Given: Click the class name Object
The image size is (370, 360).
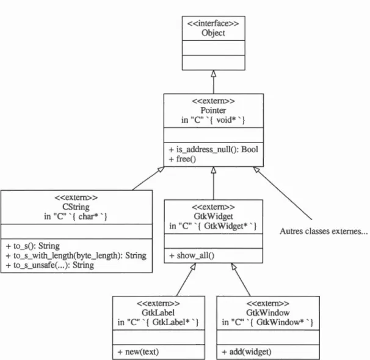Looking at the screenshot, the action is pyautogui.click(x=213, y=33).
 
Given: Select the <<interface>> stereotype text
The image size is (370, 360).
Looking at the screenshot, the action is pyautogui.click(x=213, y=23).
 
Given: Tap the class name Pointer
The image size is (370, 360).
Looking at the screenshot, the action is pyautogui.click(x=213, y=110).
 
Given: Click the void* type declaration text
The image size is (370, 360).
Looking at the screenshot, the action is pyautogui.click(x=213, y=120).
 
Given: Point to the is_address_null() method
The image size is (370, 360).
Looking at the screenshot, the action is pyautogui.click(x=213, y=150).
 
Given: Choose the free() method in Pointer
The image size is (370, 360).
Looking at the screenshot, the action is pyautogui.click(x=183, y=159).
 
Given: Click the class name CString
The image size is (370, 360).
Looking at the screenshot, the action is pyautogui.click(x=76, y=207).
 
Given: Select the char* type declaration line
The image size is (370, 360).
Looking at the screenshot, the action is pyautogui.click(x=76, y=216).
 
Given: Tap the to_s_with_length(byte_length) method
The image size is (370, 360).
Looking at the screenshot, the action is pyautogui.click(x=76, y=255).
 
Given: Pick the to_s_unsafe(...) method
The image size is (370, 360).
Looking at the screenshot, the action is pyautogui.click(x=50, y=265).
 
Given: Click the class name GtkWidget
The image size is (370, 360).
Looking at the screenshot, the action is pyautogui.click(x=213, y=216).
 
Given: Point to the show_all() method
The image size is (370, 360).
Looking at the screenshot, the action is pyautogui.click(x=192, y=255).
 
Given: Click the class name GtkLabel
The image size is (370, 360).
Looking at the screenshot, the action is pyautogui.click(x=158, y=313).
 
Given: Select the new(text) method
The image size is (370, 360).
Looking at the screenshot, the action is pyautogui.click(x=138, y=352).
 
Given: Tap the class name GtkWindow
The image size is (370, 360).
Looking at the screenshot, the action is pyautogui.click(x=268, y=313).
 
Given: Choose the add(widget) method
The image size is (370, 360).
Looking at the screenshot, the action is pyautogui.click(x=247, y=352).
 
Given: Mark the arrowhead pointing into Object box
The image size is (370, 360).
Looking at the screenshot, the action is pyautogui.click(x=214, y=73).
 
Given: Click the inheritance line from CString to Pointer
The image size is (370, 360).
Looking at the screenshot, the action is pyautogui.click(x=148, y=178).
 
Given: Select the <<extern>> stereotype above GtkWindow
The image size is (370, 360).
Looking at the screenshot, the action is pyautogui.click(x=268, y=303).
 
